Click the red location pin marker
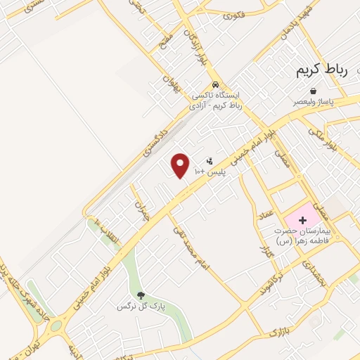coord(181,165)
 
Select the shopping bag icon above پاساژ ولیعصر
coord(314,91)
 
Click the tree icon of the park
coord(141,295)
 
